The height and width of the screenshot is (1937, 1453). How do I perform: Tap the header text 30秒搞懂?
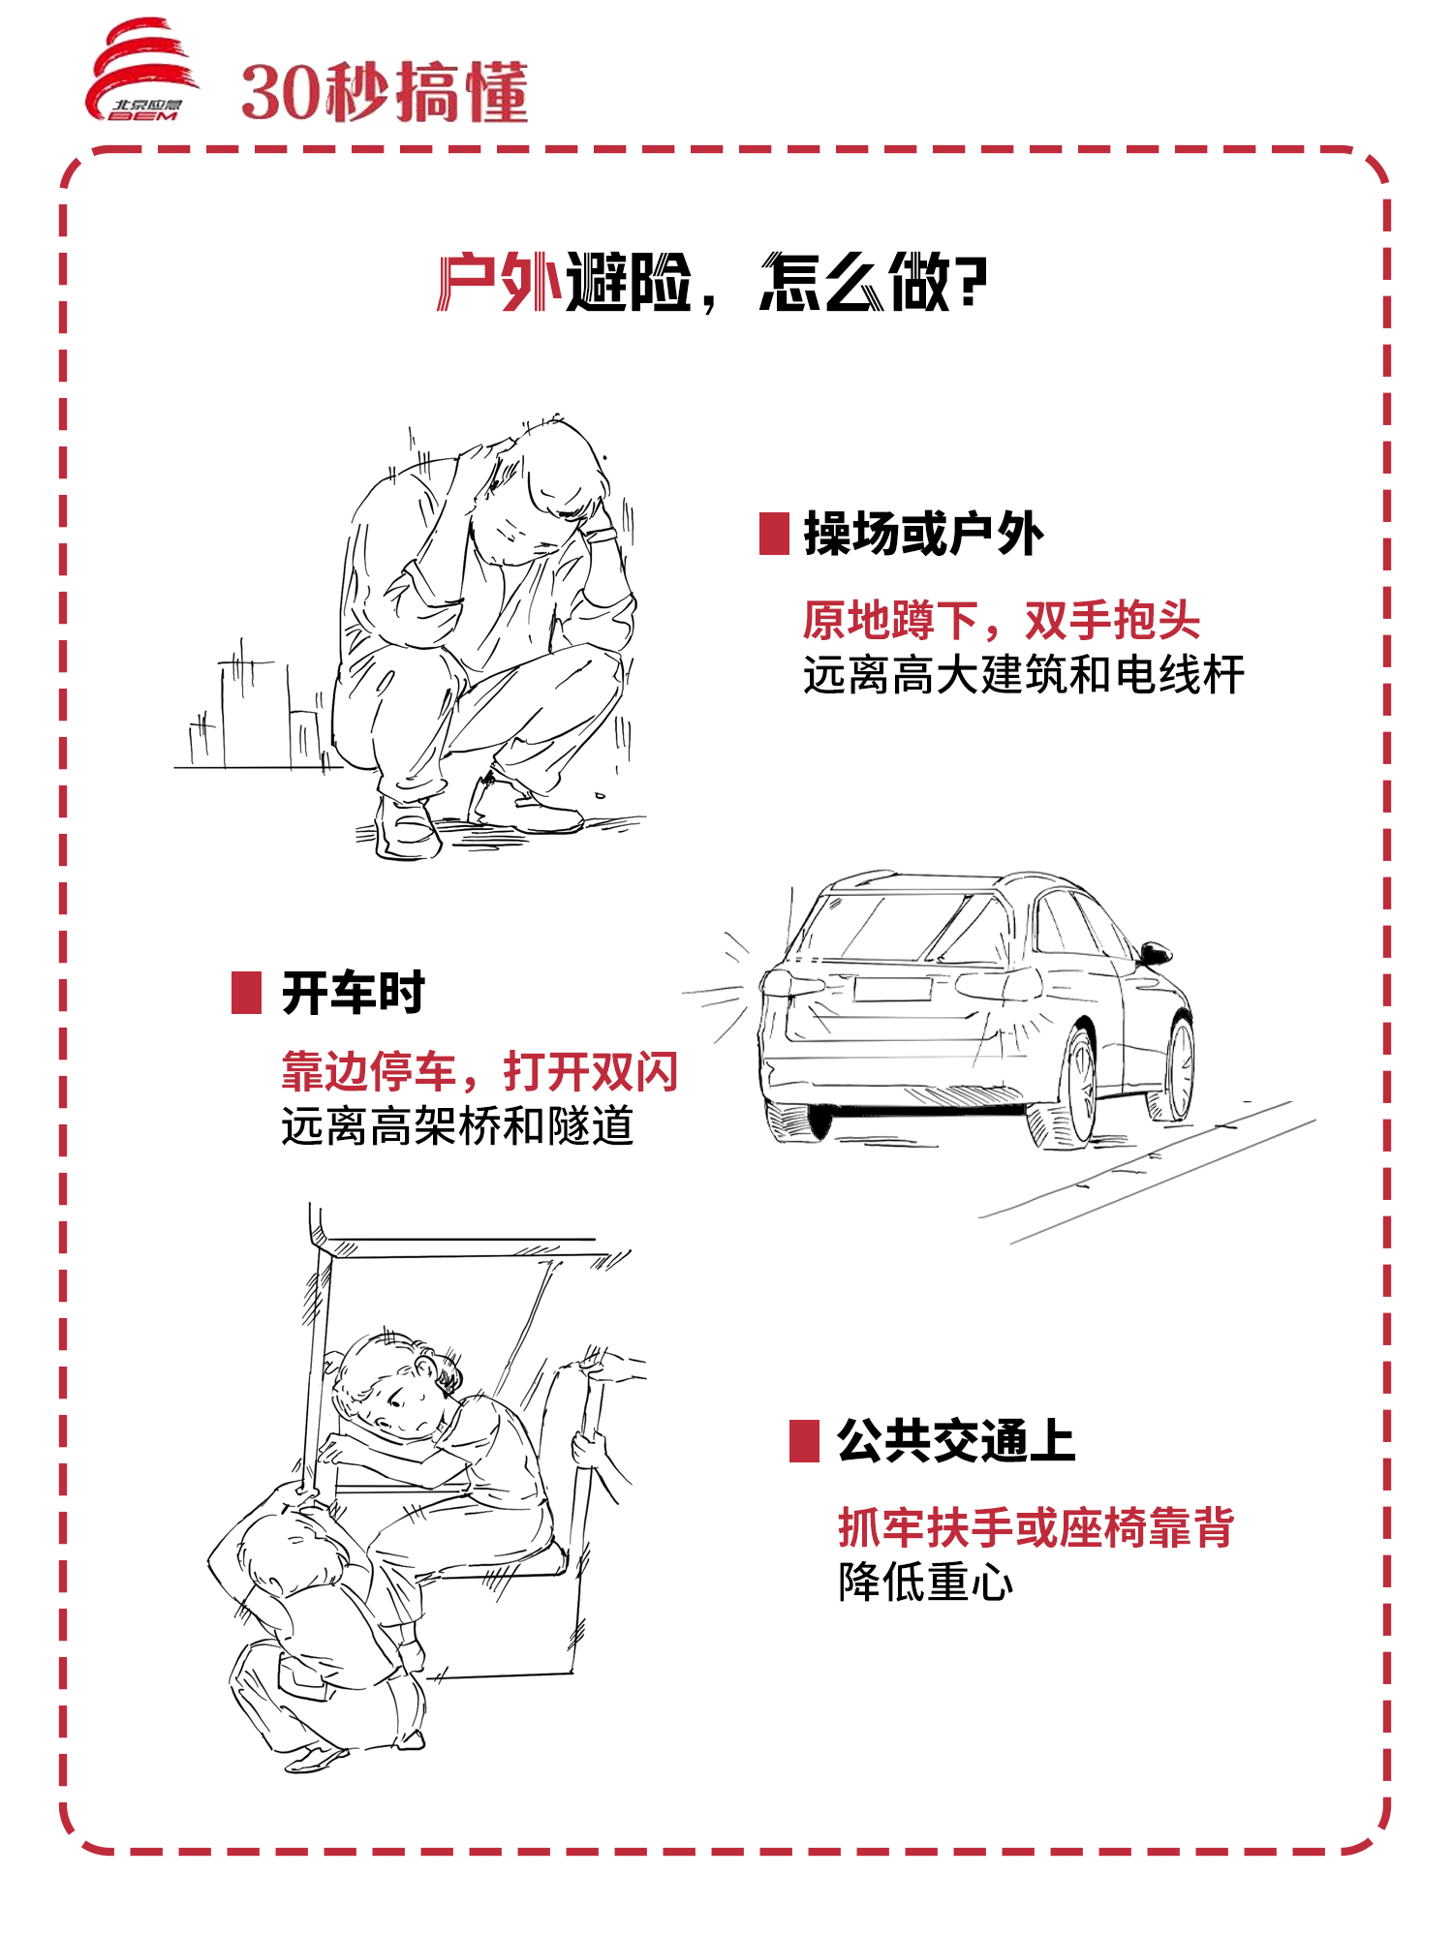[x=385, y=93]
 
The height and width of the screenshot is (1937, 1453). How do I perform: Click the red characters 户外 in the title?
[x=500, y=283]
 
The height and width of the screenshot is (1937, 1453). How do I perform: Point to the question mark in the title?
[x=972, y=283]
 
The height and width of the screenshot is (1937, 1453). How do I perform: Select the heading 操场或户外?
[x=924, y=534]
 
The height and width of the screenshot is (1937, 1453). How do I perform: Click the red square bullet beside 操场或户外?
[x=774, y=534]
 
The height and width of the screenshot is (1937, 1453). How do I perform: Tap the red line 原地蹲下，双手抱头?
[x=1002, y=620]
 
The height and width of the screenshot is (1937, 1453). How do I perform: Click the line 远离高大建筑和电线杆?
[x=1024, y=674]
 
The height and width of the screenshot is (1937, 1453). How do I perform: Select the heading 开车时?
[x=354, y=993]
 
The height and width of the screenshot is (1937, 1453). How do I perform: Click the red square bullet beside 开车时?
[x=247, y=993]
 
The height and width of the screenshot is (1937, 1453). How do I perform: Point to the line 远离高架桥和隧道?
[x=457, y=1125]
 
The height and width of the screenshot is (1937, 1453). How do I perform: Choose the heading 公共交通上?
[x=957, y=1441]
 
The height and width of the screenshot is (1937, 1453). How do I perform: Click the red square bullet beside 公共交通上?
[x=805, y=1441]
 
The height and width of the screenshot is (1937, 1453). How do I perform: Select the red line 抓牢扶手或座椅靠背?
[x=1036, y=1527]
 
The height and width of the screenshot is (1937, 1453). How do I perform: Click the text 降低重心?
[x=926, y=1583]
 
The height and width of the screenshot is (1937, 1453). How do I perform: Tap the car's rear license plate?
[x=892, y=989]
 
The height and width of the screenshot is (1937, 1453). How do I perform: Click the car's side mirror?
[x=1155, y=952]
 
